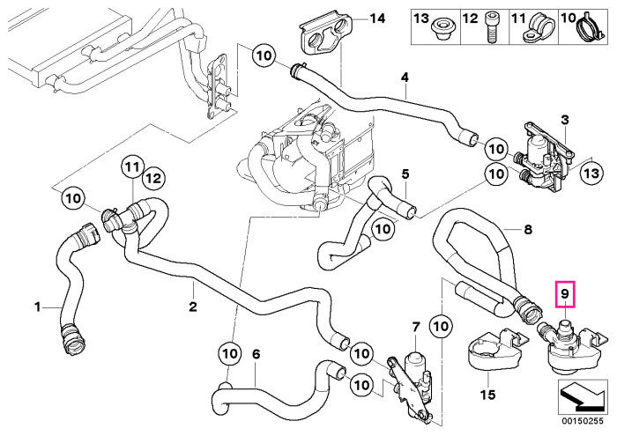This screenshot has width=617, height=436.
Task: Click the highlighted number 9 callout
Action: pos(565,293)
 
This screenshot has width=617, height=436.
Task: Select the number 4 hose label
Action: pos(405,77)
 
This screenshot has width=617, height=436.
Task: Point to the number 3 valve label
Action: pos(565,120)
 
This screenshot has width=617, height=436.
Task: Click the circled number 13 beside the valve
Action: pos(591,173)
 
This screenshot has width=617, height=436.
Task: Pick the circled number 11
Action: pos(132,167)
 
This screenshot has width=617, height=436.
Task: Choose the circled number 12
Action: pos(154,179)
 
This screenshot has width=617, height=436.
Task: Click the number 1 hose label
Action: pos(37,307)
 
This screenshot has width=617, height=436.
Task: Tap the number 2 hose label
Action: pos(193,307)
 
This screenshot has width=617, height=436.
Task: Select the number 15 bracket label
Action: pos(488,394)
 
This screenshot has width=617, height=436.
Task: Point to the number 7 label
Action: pos(416,326)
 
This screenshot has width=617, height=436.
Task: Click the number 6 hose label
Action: pos(256,354)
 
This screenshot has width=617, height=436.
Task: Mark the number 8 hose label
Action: pos(528,229)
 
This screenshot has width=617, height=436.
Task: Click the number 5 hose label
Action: pos(405,174)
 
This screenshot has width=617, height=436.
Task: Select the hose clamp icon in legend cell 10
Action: pos(591,27)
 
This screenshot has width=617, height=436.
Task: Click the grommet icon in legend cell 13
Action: pos(442,29)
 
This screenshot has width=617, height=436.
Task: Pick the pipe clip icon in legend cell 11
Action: pos(537,26)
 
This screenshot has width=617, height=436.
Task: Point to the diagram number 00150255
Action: pos(583,421)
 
